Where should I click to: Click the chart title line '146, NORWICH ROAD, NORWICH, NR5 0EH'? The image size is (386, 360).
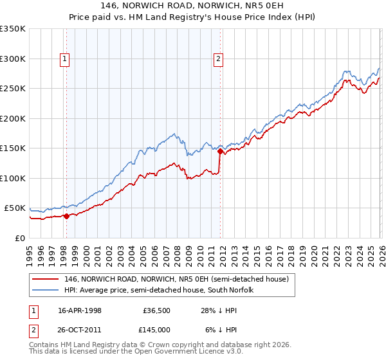[193, 4]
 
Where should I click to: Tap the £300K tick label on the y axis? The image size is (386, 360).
[13, 59]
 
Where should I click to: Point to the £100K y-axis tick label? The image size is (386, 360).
[13, 178]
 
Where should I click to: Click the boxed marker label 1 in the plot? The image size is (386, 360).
[66, 59]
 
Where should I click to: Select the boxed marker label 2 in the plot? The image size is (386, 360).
[219, 59]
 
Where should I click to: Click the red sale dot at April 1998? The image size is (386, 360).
[66, 216]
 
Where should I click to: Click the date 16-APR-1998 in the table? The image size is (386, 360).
[80, 310]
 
